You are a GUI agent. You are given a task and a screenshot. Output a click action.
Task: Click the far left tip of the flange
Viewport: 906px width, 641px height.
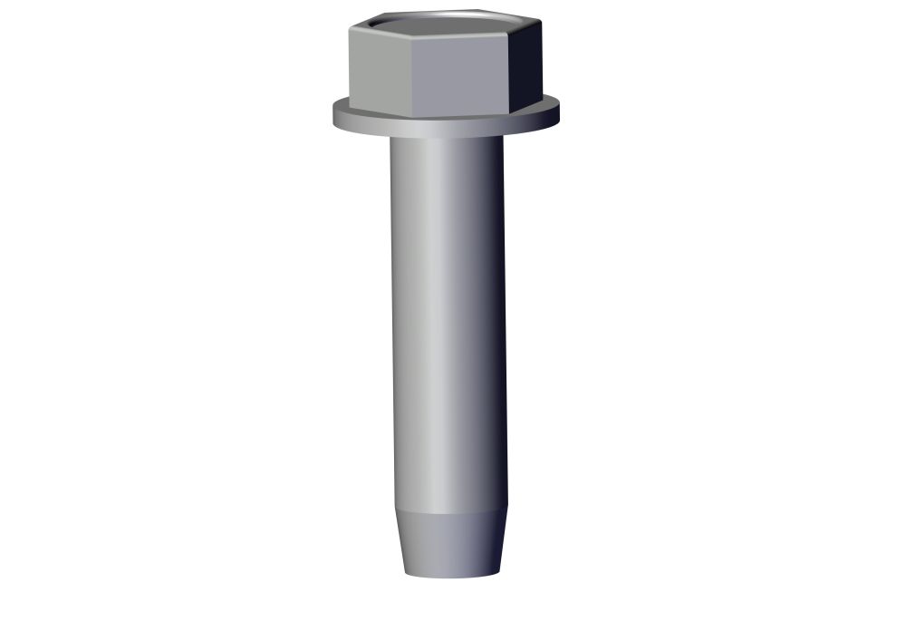click(333, 115)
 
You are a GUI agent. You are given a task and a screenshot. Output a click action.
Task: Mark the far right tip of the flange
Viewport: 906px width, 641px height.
click(559, 113)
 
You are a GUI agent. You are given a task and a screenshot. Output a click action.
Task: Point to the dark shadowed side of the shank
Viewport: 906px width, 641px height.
click(494, 317)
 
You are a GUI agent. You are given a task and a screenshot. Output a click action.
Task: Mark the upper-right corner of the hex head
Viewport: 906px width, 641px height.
click(541, 22)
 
